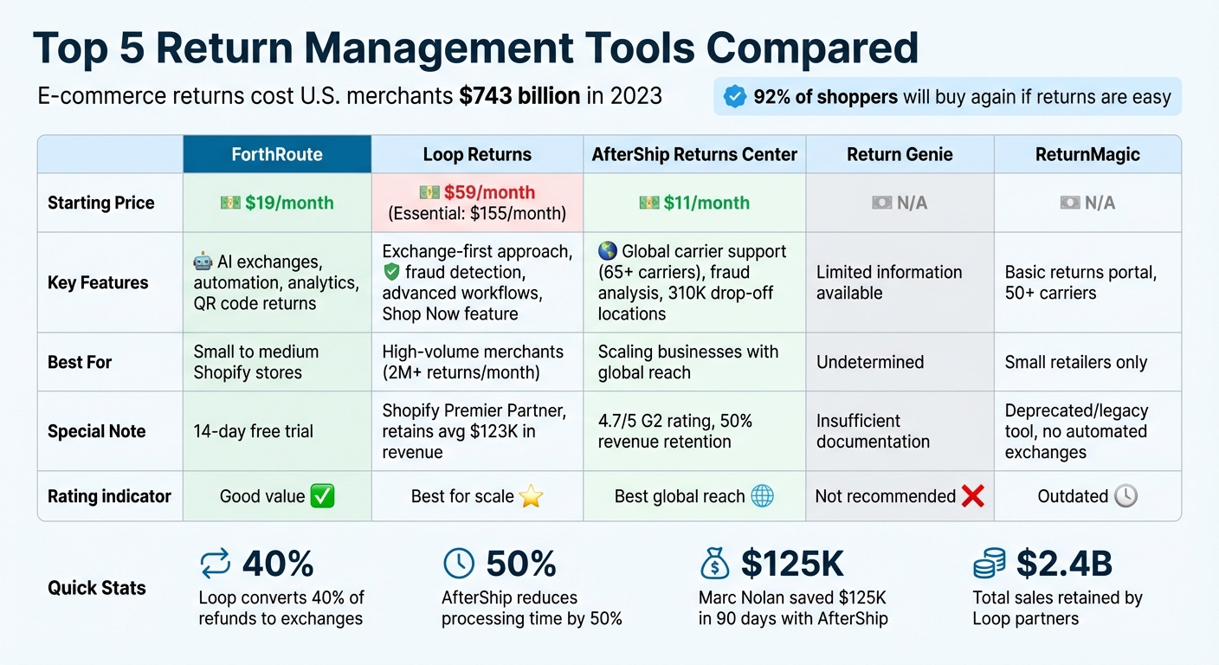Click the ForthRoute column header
tap(277, 155)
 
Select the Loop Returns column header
tap(477, 155)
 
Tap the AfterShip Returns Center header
tap(694, 155)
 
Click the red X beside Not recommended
tap(973, 496)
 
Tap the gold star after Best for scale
tap(530, 496)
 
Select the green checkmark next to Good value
tap(322, 496)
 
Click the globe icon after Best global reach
tap(763, 496)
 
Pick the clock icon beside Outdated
tap(1125, 496)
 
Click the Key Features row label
tap(98, 282)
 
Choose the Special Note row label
tap(96, 431)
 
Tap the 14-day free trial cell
tap(254, 431)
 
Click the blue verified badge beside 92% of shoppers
tap(734, 97)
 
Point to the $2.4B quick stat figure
tap(1064, 564)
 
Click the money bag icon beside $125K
tap(715, 564)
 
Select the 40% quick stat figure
tap(277, 564)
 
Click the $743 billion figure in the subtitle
tap(519, 95)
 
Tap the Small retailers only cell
tap(1075, 362)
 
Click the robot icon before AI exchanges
tap(203, 261)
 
